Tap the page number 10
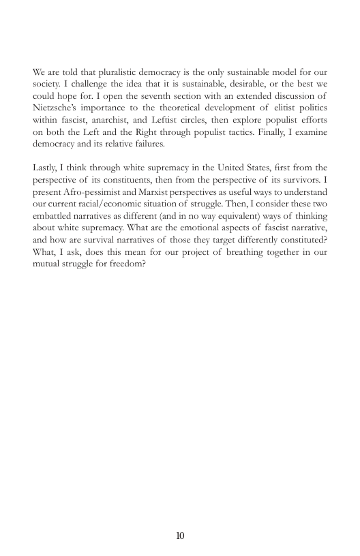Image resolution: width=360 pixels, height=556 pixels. pyautogui.click(x=180, y=536)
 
